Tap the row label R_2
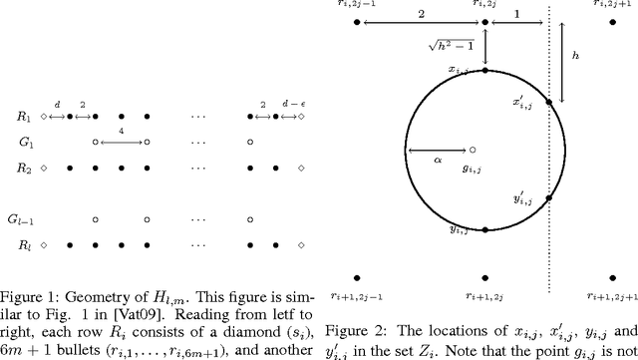[14, 168]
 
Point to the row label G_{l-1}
[18, 216]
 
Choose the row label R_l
[14, 242]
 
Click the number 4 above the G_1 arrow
[121, 130]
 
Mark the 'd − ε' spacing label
[285, 103]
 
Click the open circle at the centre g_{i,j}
[473, 150]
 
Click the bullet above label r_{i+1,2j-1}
[357, 275]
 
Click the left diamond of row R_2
[44, 168]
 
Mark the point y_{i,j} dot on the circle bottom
[484, 229]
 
